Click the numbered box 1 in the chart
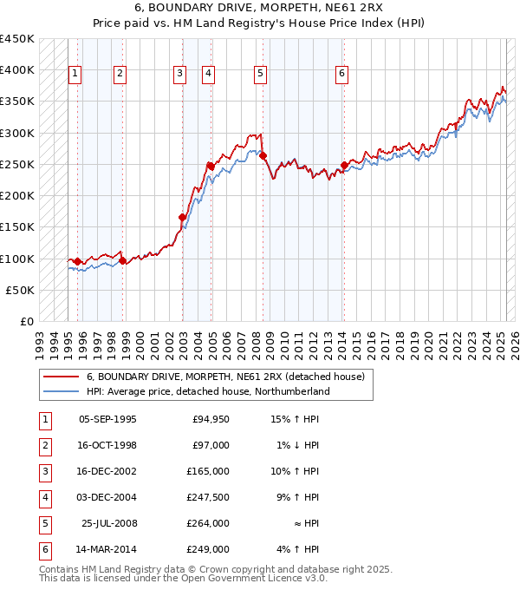tap(75, 74)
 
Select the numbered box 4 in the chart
tap(209, 74)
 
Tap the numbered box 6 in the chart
tap(342, 74)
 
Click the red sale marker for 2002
tap(183, 217)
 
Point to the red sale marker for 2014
tap(344, 165)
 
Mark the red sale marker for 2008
tap(263, 156)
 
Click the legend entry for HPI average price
tap(208, 391)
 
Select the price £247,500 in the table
tap(208, 497)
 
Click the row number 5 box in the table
tap(43, 523)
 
